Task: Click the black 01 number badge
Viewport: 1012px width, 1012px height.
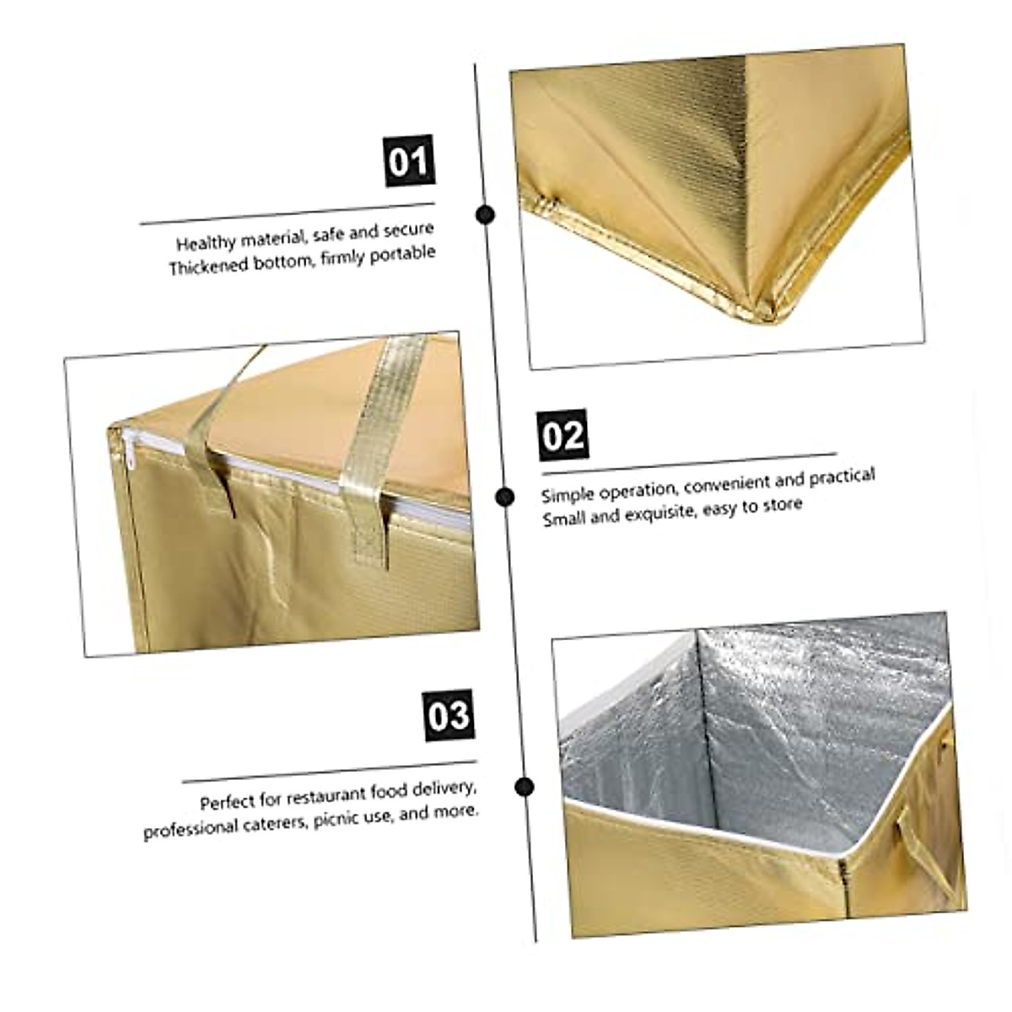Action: [409, 161]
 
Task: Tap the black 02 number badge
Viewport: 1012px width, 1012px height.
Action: [563, 436]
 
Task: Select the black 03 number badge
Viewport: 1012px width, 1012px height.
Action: [449, 715]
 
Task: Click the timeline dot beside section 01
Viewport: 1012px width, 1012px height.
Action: [485, 214]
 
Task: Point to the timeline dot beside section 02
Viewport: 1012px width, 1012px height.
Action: [505, 497]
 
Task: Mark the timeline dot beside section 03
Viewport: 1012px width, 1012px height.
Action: [525, 788]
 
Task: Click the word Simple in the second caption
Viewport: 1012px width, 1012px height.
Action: [567, 494]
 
